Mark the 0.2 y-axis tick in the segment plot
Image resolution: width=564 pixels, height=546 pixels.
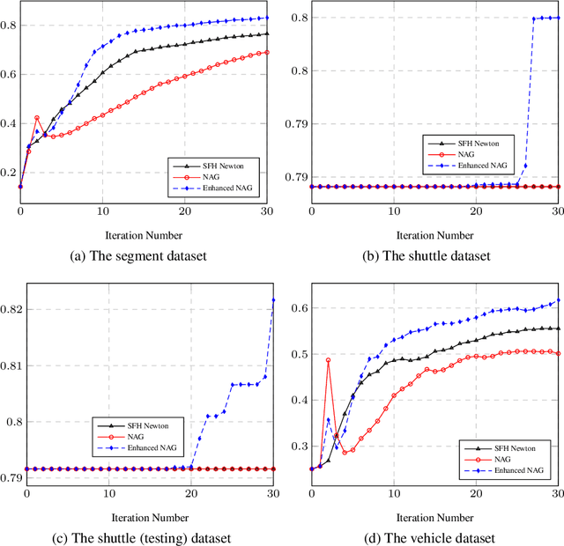coord(8,172)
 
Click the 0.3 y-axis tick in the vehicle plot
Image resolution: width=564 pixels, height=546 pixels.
coord(298,446)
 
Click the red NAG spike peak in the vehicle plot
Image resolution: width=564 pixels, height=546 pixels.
coord(328,360)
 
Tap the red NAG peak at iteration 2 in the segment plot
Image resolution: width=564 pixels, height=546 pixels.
coord(37,117)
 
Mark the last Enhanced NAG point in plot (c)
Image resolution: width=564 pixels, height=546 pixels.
coord(273,300)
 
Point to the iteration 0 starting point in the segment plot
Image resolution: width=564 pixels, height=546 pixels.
coord(20,187)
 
